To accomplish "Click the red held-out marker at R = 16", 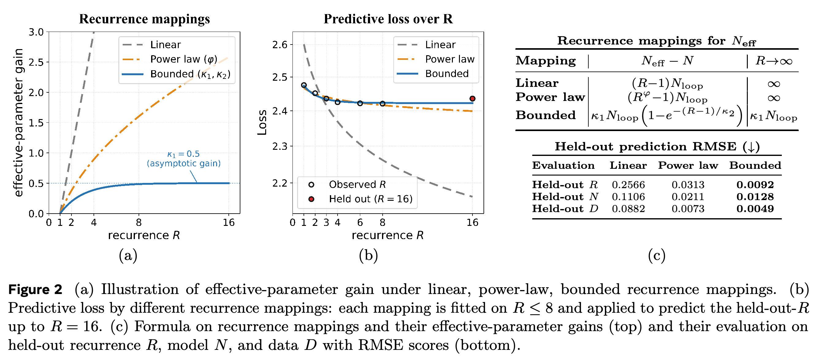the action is [472, 99].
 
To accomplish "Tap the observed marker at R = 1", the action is [304, 85].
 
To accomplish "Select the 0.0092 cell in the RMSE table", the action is [755, 185].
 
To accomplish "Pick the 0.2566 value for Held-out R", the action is [628, 185].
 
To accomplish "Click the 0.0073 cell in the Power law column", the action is [688, 209].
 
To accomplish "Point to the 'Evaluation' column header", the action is [563, 165].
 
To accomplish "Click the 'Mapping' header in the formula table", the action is [545, 60].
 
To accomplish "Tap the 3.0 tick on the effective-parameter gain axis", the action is [36, 32].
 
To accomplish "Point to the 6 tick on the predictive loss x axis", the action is [360, 222].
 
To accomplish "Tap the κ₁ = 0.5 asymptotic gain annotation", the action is [184, 159].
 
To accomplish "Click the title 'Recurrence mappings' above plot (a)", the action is [144, 19].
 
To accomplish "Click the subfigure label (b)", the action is [368, 255].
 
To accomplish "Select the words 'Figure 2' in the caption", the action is [35, 289].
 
